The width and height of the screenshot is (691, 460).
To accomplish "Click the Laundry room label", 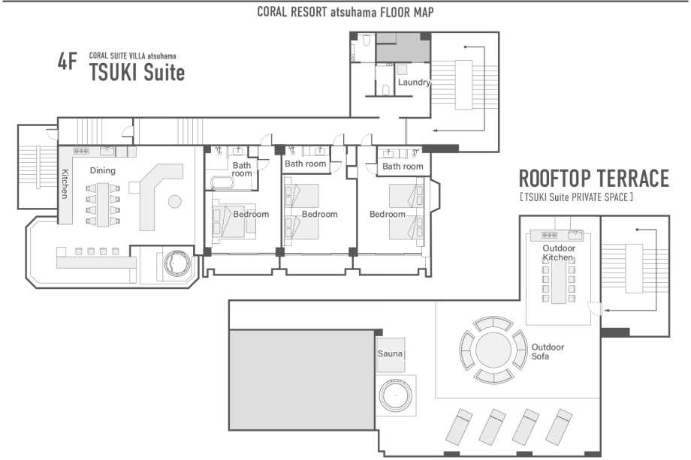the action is [414, 83].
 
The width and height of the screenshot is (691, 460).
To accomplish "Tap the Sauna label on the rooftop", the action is [390, 353].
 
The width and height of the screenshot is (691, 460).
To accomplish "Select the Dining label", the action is [103, 170].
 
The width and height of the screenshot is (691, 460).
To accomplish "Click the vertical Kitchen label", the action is [65, 184].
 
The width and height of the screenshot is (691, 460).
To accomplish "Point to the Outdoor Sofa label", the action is [548, 352].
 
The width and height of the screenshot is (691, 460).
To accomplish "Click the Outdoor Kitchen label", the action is [559, 253].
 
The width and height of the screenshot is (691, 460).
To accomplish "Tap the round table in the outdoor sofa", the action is [493, 350].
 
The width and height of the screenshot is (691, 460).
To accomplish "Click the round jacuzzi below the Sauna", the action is [396, 395].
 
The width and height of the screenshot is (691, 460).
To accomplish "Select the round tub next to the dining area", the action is [177, 263].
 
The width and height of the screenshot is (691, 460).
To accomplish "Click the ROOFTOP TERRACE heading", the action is [594, 179].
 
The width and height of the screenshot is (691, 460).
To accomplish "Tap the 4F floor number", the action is [68, 62].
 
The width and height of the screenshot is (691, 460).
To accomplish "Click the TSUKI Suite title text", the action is [137, 73].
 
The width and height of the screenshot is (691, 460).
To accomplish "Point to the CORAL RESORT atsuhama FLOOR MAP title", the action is [345, 12].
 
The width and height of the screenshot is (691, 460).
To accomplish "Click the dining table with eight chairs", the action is [103, 205].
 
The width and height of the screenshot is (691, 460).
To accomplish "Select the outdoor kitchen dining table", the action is [558, 281].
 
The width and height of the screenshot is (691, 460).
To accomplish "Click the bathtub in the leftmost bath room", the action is [225, 182].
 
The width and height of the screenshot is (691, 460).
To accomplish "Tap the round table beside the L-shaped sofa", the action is [175, 202].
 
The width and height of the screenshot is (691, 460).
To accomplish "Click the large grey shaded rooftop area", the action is [302, 380].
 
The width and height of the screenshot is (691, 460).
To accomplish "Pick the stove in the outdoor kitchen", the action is [549, 235].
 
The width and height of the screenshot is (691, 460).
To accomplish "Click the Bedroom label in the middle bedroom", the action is [319, 215].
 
